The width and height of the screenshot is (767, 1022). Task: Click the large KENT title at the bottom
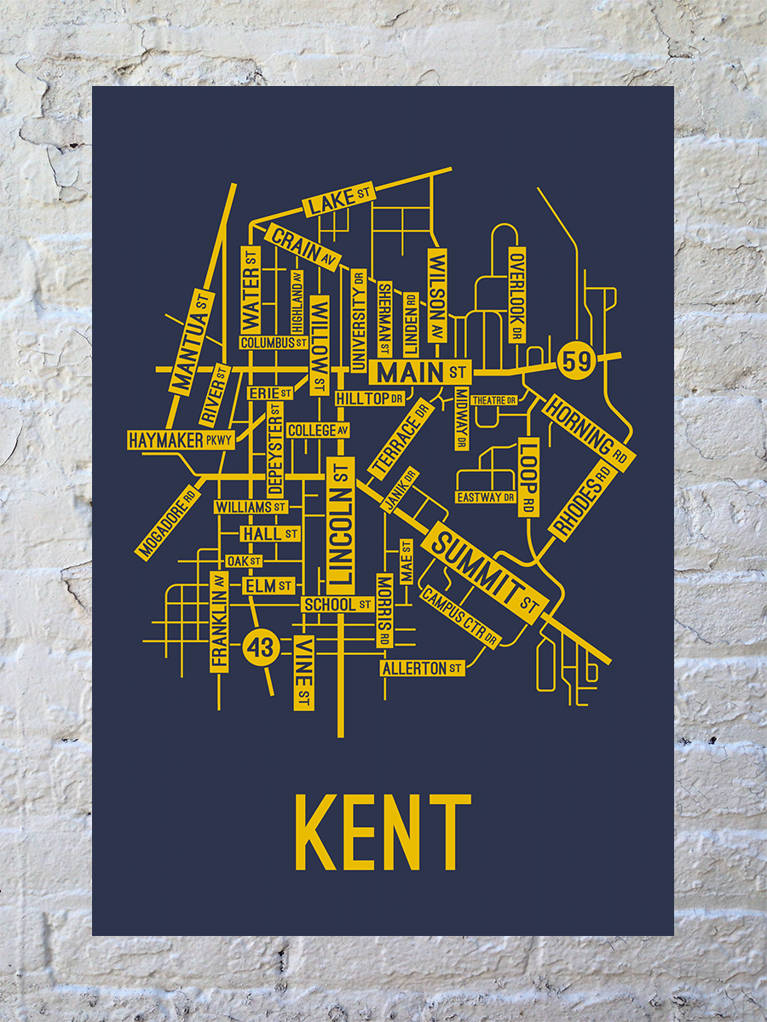coord(383,832)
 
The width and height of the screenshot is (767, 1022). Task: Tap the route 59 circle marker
coord(576,361)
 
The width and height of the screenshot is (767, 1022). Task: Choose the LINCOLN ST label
coord(340,525)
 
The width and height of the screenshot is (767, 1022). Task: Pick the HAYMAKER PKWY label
coord(179,440)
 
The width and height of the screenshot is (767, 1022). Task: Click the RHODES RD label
coord(584,502)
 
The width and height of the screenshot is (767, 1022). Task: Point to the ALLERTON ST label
coord(423,669)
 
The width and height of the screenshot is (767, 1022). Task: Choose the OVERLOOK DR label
coord(517,296)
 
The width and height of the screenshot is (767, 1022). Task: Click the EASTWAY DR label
coord(486,497)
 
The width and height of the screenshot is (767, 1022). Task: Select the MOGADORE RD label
coord(167,523)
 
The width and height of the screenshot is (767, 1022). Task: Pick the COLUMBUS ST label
coord(274,342)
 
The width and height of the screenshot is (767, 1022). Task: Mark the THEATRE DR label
coord(494,399)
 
